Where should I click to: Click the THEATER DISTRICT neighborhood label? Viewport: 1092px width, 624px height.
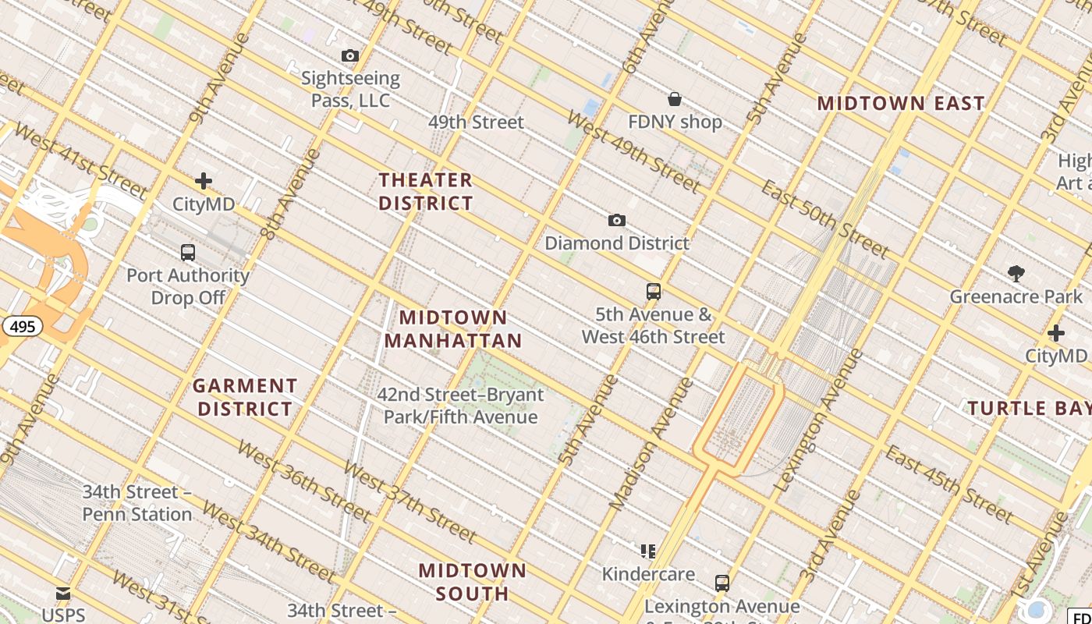click(426, 192)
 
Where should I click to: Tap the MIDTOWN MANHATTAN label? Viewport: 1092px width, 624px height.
click(453, 329)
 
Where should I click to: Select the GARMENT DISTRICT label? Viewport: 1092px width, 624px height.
click(245, 397)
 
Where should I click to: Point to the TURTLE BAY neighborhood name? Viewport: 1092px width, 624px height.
click(1029, 408)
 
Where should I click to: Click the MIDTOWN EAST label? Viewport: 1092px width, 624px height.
click(901, 103)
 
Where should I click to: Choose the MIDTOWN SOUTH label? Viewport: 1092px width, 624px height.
click(472, 582)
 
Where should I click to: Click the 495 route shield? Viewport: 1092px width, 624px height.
click(23, 326)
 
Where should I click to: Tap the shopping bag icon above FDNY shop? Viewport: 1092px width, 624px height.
click(675, 99)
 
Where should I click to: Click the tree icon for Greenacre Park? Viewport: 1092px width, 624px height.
click(1016, 274)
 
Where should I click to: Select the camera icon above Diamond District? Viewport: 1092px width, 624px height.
click(617, 221)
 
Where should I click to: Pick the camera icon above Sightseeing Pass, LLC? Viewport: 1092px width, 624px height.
click(350, 55)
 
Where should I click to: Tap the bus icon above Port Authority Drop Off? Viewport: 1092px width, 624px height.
click(188, 253)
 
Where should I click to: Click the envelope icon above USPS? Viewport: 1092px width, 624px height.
click(63, 594)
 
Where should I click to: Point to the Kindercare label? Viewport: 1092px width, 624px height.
click(648, 574)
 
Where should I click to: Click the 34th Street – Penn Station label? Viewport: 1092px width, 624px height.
click(137, 503)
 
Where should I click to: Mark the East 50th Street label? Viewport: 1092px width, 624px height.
click(825, 219)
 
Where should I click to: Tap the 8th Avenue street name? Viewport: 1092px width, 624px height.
click(290, 193)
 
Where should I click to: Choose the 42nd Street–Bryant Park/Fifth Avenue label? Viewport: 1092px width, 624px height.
click(460, 406)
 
